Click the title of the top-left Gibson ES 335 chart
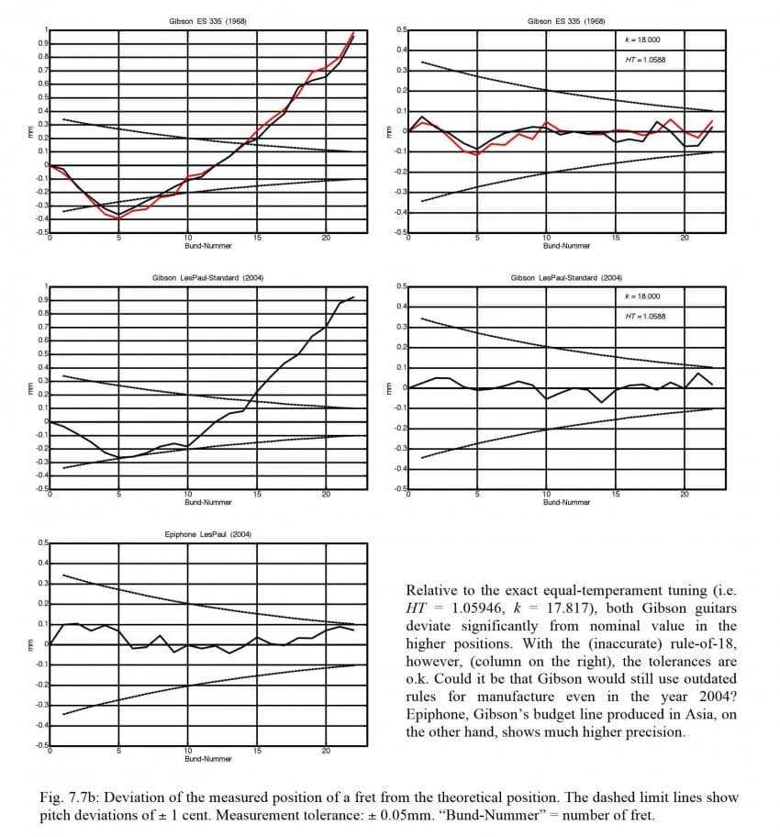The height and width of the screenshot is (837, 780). click(208, 20)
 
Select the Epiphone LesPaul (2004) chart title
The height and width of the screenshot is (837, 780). click(208, 534)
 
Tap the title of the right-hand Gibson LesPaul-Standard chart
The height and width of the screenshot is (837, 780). click(566, 278)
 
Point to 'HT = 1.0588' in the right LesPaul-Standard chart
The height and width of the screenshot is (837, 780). click(646, 317)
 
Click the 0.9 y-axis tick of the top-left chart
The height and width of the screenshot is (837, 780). click(42, 43)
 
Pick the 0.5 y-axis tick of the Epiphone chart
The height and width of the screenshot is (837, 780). click(42, 543)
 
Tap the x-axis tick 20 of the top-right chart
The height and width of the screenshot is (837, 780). click(685, 238)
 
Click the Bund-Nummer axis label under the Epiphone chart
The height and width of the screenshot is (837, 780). click(208, 759)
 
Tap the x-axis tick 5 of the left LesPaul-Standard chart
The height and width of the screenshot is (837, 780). click(118, 495)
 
